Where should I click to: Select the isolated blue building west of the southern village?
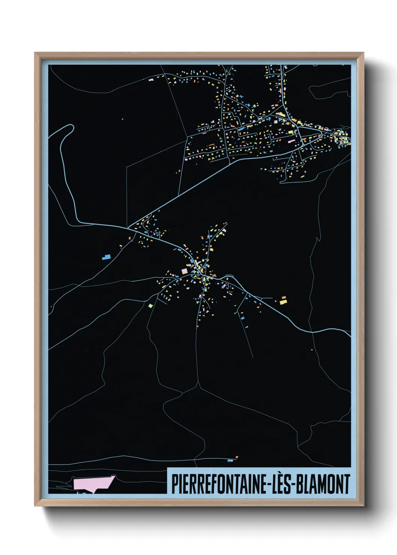[106, 257]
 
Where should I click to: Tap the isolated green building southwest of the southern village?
[151, 306]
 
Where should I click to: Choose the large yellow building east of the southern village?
[283, 300]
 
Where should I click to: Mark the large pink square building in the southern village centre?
[184, 271]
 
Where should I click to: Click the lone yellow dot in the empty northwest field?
[123, 119]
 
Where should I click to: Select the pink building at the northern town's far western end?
[152, 79]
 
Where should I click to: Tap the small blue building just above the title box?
[230, 460]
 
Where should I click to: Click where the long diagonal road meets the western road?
[129, 227]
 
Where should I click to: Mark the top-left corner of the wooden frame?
[35, 53]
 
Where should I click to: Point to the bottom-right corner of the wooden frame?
[363, 505]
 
